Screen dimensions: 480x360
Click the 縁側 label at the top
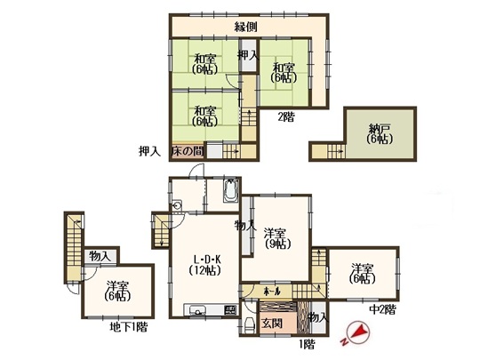[245, 28]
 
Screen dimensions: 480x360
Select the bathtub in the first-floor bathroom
[230, 190]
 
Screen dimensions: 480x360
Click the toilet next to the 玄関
[250, 325]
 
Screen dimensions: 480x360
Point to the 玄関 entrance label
[272, 324]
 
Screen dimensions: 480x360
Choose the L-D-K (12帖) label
[207, 265]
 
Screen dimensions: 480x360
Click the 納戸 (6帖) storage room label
[380, 134]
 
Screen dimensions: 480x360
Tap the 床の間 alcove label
[188, 151]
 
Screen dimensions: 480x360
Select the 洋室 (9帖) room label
[277, 238]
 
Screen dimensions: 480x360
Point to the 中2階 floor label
[382, 310]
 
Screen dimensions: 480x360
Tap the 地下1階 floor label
[129, 327]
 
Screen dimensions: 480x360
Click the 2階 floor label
[286, 117]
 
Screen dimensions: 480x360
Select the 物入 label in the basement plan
[100, 256]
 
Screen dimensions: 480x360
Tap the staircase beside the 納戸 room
[336, 151]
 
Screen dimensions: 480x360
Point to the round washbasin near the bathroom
[177, 205]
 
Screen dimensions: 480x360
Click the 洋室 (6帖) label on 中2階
[363, 274]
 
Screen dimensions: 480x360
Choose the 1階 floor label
[307, 345]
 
